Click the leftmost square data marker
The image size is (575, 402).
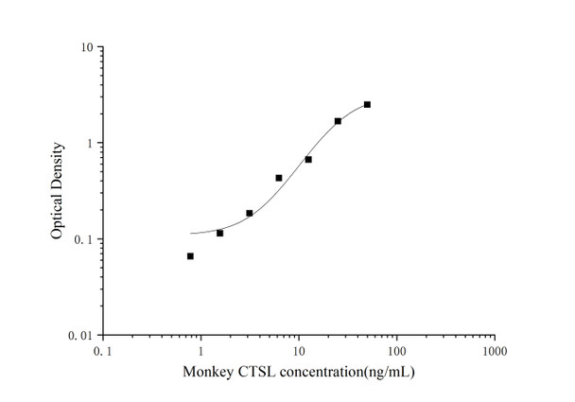190,256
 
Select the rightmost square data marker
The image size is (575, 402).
367,104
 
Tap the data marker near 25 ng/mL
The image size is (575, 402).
338,121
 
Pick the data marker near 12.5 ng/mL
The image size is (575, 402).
308,160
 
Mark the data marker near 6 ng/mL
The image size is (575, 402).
279,178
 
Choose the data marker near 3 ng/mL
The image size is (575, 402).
250,213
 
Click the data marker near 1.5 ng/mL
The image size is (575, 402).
219,233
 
